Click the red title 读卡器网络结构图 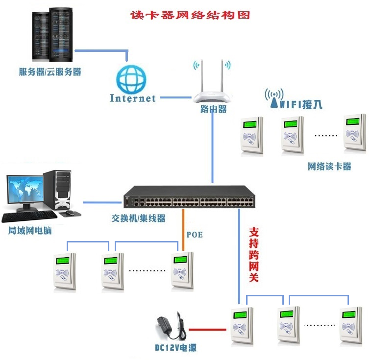tap(190, 15)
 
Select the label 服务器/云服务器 tap(50, 72)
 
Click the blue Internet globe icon tap(131, 78)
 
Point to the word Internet tap(132, 98)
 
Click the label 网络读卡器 tap(329, 167)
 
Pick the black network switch tap(189, 198)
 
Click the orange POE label tap(194, 235)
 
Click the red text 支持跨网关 tap(254, 254)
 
